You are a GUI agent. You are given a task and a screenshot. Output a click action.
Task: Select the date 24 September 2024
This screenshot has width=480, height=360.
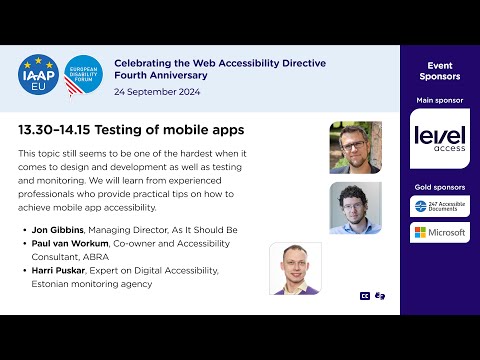point(158,92)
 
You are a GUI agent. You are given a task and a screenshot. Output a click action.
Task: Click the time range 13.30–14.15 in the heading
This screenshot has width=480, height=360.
point(53,130)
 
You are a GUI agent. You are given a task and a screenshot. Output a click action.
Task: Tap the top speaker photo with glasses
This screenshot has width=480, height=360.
point(355,147)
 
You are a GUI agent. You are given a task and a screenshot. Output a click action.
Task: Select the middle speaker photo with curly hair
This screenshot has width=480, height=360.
point(355,208)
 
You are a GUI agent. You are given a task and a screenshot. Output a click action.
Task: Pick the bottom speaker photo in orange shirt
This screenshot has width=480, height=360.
point(295,268)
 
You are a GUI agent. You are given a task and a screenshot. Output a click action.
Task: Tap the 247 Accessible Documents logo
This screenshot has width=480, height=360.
point(440,207)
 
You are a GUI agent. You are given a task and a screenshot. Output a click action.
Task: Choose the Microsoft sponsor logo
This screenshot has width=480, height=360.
point(440,233)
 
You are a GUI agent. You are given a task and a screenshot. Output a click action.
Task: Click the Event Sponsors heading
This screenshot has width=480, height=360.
point(440,70)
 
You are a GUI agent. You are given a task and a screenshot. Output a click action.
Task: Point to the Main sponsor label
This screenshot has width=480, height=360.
point(440,101)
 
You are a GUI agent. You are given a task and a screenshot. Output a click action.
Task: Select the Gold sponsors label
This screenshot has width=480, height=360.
point(440,187)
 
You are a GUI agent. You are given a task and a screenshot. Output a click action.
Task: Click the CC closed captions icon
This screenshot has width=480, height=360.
point(365,296)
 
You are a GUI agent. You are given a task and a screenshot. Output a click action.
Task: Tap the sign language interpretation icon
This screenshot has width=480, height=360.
point(379,296)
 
